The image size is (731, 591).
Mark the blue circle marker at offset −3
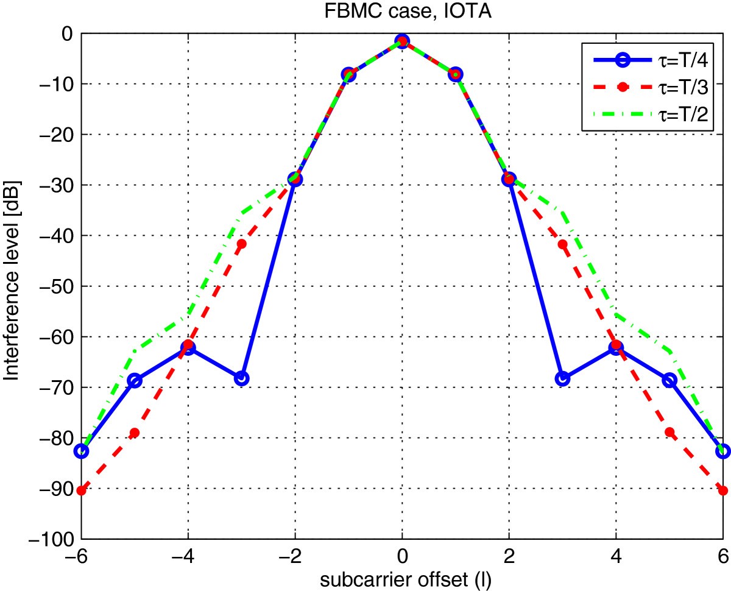241,378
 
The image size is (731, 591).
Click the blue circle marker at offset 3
562,378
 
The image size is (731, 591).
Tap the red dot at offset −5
135,433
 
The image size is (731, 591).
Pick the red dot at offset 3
562,244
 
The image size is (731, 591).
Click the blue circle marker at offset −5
135,381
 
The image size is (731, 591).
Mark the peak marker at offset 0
401,41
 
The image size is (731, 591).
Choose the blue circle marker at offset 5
669,381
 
